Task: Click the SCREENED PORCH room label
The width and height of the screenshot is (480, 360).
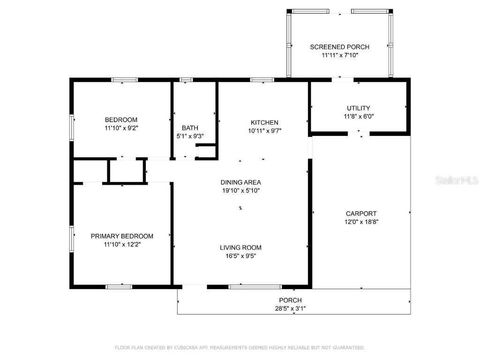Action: (x=339, y=47)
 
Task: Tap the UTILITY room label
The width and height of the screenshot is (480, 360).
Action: (x=358, y=108)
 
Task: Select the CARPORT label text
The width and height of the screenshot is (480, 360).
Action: (x=361, y=214)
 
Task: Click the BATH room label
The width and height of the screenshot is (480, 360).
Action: (x=190, y=128)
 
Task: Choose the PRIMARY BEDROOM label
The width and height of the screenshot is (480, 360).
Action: (x=122, y=236)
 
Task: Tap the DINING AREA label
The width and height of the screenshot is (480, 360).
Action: (x=240, y=182)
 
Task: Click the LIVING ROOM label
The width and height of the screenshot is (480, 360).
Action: (x=240, y=247)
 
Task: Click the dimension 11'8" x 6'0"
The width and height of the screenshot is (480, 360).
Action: (x=358, y=117)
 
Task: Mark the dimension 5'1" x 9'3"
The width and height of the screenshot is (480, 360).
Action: (x=190, y=136)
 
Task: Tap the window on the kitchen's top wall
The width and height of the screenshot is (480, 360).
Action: (x=262, y=80)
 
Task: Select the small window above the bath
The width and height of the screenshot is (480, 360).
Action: (x=186, y=80)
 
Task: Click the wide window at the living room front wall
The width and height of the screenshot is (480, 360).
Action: (x=255, y=286)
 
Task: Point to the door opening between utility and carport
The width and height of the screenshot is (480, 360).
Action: (x=359, y=134)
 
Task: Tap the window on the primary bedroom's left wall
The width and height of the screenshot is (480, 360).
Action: (x=72, y=239)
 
